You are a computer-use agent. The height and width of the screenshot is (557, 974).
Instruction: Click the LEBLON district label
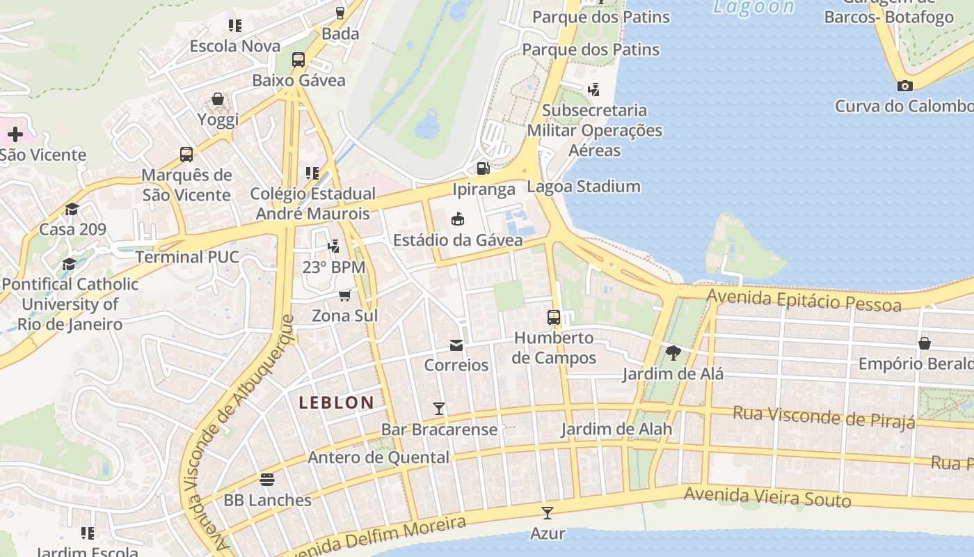click(x=337, y=402)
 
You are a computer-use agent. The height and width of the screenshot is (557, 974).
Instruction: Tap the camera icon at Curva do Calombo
click(x=904, y=86)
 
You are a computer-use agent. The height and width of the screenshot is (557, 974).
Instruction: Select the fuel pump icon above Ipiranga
click(x=483, y=168)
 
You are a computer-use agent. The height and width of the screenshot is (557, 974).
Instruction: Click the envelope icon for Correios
click(x=456, y=345)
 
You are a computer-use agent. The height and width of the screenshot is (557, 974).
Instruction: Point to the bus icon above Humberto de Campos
click(x=554, y=317)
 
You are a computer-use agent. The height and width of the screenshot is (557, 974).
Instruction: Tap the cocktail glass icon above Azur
click(x=548, y=513)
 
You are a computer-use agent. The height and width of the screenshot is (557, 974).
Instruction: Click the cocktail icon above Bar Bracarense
click(x=439, y=408)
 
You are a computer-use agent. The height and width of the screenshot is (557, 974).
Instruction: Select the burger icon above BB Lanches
click(x=267, y=480)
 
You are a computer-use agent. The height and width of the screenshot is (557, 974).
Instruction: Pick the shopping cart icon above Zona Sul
click(x=344, y=295)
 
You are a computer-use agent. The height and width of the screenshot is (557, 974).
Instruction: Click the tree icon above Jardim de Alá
click(x=672, y=353)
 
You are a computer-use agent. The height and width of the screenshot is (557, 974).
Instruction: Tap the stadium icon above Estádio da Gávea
click(x=458, y=219)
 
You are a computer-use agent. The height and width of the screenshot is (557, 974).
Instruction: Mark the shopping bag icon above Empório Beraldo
click(x=924, y=343)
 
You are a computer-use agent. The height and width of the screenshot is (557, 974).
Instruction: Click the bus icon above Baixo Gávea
click(x=298, y=60)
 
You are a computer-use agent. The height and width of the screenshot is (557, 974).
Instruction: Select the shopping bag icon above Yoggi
click(x=218, y=99)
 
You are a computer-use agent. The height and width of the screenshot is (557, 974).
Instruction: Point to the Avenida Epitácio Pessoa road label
click(x=804, y=301)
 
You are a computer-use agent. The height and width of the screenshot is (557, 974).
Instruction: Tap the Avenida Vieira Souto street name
click(x=767, y=496)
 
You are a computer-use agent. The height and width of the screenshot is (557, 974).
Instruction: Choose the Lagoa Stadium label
click(x=584, y=187)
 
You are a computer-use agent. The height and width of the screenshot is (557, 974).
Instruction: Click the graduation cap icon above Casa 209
click(x=72, y=209)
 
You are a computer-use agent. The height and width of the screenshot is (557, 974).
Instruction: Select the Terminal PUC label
click(x=187, y=257)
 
